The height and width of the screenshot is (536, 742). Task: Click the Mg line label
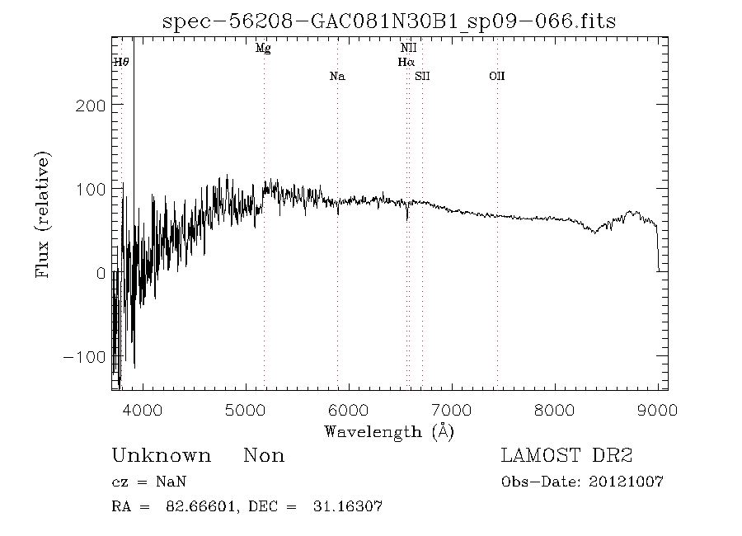click(x=263, y=49)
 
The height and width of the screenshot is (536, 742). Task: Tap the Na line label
click(x=336, y=77)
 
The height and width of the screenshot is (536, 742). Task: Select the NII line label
click(x=408, y=49)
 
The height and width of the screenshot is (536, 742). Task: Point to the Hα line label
click(x=406, y=62)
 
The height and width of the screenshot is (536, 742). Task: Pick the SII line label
click(x=423, y=77)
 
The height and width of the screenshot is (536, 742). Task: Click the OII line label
click(x=496, y=77)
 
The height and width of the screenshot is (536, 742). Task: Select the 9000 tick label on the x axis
click(x=658, y=410)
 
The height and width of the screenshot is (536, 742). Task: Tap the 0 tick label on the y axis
click(x=101, y=273)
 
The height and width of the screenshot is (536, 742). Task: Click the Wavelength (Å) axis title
click(x=389, y=431)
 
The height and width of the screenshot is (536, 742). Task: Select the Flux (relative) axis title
click(x=43, y=214)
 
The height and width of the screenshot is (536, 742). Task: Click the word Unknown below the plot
click(x=161, y=456)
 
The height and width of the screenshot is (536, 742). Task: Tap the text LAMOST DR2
click(x=567, y=456)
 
